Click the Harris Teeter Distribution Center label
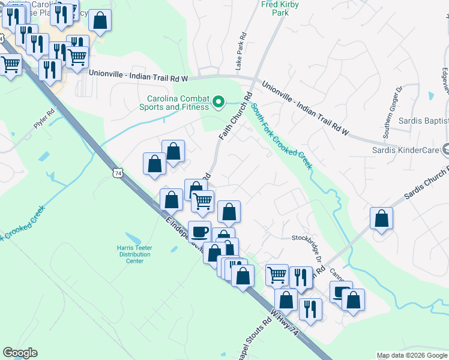click(131, 253)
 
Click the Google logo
click(20, 353)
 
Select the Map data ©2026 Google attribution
click(412, 355)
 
